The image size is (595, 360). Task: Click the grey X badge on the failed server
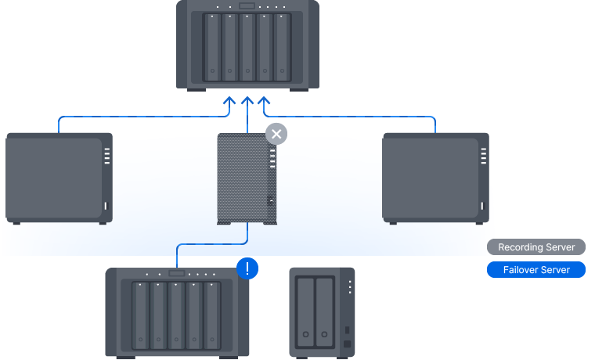[x=276, y=133]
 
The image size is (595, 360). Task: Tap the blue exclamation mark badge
[x=247, y=269]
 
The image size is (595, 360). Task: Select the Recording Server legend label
[x=536, y=247]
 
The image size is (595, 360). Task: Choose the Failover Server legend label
[x=536, y=270]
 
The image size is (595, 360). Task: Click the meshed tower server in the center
[x=247, y=180]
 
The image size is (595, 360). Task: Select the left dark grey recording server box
[x=59, y=178]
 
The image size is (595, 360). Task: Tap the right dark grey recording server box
[x=435, y=178]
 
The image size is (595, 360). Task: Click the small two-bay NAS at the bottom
[x=322, y=311]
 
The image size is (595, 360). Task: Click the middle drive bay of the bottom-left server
[x=176, y=315]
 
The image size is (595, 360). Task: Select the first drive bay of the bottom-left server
[x=140, y=315]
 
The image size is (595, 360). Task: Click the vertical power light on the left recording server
[x=106, y=207]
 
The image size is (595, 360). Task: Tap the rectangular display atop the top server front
[x=247, y=7]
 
